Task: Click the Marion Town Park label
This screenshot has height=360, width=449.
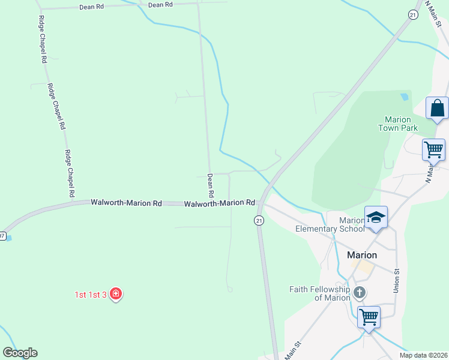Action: [x=398, y=124]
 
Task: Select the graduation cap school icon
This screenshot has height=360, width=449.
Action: [x=376, y=217]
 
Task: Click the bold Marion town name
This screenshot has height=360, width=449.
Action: [x=362, y=255]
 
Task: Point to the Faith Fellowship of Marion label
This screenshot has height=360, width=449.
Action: [x=319, y=293]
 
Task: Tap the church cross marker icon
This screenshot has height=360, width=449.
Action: [x=359, y=293]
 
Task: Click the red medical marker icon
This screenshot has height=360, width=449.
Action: [x=116, y=294]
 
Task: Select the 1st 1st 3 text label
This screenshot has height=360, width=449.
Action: [x=91, y=295]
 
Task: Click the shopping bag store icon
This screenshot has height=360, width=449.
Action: [x=437, y=109]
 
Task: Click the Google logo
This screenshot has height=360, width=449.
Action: [x=20, y=353]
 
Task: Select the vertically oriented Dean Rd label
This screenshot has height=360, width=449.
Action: [x=211, y=185]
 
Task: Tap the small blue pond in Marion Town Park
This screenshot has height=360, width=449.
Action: [x=404, y=95]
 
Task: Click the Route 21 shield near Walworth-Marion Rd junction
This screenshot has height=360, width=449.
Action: [x=259, y=221]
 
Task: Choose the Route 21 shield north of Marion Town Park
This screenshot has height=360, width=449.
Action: [x=413, y=15]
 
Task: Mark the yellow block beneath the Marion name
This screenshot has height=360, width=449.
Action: [x=362, y=266]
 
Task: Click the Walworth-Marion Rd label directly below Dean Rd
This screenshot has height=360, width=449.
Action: [x=220, y=204]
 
